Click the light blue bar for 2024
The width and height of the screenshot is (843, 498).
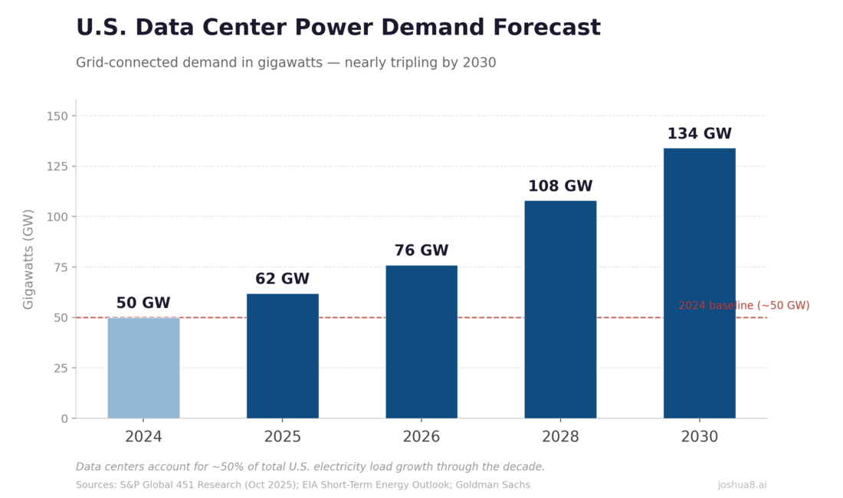tap(143, 368)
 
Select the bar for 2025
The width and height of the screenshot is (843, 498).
tap(282, 355)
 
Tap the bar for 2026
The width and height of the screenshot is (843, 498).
tap(421, 342)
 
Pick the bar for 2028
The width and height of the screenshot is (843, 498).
tap(560, 310)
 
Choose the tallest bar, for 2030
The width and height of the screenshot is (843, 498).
tap(699, 283)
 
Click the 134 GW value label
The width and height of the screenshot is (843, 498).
tap(699, 134)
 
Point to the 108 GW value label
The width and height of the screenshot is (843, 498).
tap(560, 186)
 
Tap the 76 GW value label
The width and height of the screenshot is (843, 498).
tap(421, 251)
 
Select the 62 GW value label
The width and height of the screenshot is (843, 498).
tap(282, 279)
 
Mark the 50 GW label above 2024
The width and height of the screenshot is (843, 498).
tap(143, 303)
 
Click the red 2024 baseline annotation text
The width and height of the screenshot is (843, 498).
tap(743, 306)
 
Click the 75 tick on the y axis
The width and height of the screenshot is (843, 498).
tap(60, 267)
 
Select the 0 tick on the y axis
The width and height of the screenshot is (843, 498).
tap(64, 418)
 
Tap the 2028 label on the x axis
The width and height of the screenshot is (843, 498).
tap(560, 437)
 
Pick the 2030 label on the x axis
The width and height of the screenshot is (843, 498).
tap(699, 437)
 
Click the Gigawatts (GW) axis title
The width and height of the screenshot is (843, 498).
tap(28, 259)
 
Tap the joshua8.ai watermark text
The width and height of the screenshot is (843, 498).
tap(742, 485)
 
